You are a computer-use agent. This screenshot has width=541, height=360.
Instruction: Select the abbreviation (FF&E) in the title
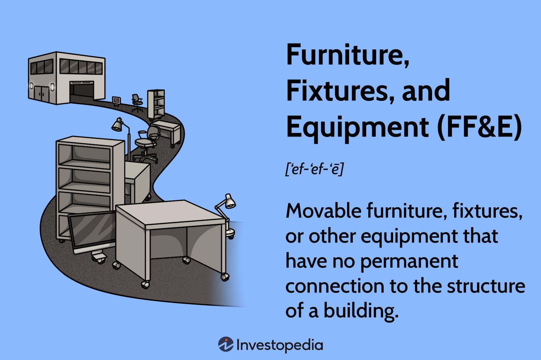point(479,127)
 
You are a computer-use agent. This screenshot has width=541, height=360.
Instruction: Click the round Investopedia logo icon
point(226,345)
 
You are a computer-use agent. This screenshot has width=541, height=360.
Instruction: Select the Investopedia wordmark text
point(280,345)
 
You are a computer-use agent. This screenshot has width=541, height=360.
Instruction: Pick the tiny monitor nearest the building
point(116,100)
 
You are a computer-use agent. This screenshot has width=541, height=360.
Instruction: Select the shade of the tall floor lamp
point(117,125)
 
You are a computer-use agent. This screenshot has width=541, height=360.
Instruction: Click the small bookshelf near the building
point(156,104)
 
